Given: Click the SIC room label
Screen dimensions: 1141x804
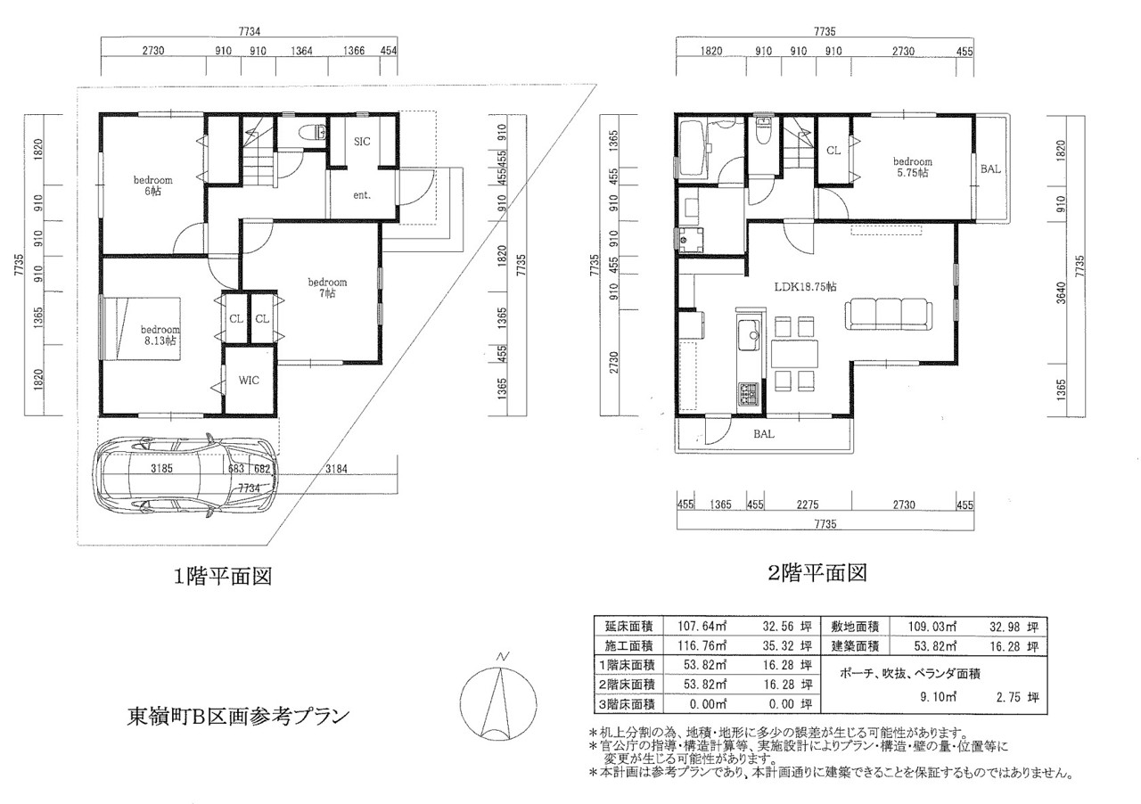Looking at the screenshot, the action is coord(362,141).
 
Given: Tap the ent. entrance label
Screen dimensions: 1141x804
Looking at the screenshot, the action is coord(362,195).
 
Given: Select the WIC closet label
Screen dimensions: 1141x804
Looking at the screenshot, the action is coord(249,380).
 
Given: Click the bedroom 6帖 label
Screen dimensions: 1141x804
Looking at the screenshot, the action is coord(152,185).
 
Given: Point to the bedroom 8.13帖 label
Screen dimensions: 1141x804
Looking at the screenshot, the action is coord(160,335).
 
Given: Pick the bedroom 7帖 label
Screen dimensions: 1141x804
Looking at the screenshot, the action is coord(327,287).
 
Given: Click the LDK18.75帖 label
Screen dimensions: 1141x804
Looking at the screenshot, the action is coord(805,287).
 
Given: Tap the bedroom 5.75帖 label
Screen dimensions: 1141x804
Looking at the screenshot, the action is coord(912,167).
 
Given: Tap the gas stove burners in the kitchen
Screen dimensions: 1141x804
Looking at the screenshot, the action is coord(748,394).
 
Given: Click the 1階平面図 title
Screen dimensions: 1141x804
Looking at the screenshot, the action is coord(223,577).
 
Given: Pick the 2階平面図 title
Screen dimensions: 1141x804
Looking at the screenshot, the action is coord(817,573).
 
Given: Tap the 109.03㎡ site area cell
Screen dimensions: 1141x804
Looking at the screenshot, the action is coord(932,627).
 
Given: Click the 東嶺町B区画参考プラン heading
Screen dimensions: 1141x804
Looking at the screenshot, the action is coord(238,717).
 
